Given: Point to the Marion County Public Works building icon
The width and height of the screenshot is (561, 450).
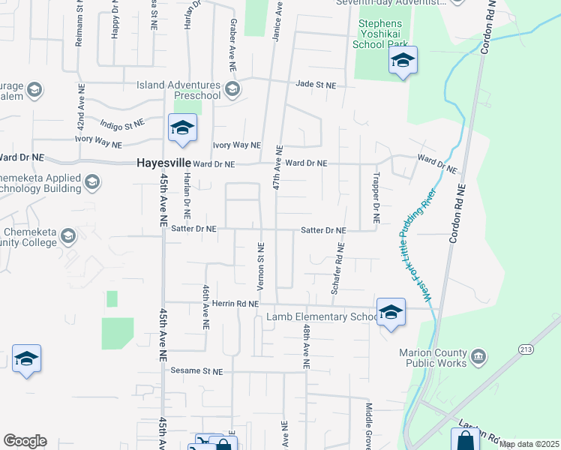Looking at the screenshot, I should tap(478, 354).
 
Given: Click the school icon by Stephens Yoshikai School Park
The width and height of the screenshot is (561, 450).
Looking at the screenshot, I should tap(403, 61).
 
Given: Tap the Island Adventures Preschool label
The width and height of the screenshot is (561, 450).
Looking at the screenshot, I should tap(178, 90).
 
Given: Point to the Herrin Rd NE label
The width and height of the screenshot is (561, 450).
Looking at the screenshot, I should tap(234, 304).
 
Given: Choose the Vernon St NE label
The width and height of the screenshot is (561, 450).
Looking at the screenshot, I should tap(261, 265).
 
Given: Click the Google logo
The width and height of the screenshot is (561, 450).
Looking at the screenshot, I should tap(25, 441).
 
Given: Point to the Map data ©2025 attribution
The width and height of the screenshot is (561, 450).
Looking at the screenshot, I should tap(528, 444).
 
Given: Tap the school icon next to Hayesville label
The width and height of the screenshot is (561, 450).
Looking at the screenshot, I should tap(182, 129).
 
